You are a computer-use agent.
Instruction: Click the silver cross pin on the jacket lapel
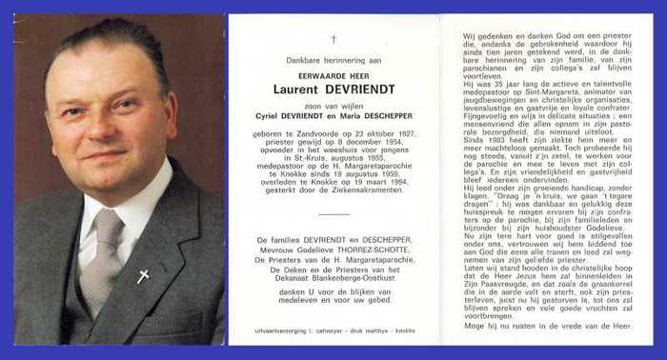tap(144, 276)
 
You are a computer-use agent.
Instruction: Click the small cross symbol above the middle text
tap(333, 39)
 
